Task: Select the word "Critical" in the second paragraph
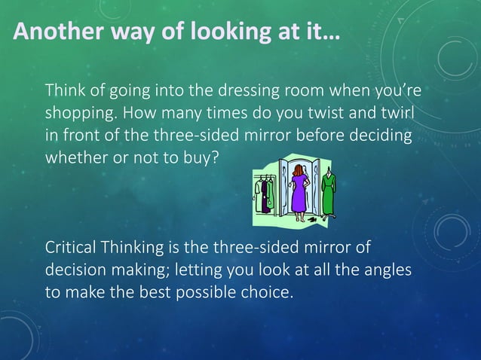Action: [72, 248]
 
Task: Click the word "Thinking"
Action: [135, 248]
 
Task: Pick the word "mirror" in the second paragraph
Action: [328, 248]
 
